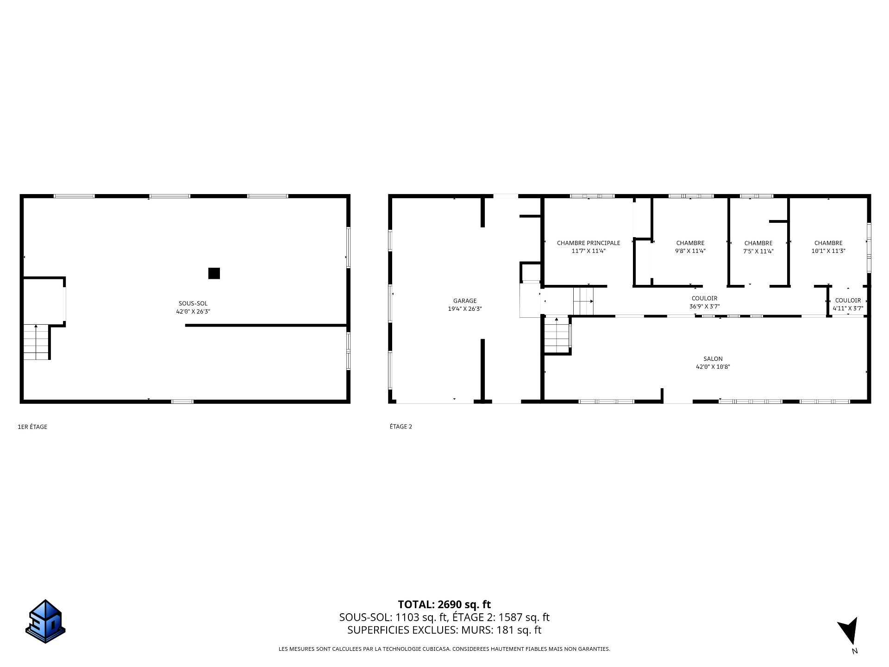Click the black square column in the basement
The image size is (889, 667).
coord(214,273)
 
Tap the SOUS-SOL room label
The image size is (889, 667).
coord(193,303)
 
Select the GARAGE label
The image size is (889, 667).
coord(465,301)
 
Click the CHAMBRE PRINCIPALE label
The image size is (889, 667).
coord(588,243)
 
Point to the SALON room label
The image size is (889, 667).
coord(713,359)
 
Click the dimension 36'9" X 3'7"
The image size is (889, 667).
coord(705,306)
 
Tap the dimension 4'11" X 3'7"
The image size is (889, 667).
coord(848,308)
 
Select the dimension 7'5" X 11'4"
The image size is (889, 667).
coord(758,251)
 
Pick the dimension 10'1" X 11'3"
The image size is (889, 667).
coord(828,251)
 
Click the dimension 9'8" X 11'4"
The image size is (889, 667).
coord(690,251)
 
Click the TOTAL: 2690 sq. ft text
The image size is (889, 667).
coord(444,604)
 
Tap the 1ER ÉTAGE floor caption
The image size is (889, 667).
coord(32,427)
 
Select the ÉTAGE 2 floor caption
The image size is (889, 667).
coord(401,427)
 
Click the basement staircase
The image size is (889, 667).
coord(36,342)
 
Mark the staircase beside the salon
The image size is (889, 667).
coord(557,334)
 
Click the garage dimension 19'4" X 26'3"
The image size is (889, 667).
coord(465,308)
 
